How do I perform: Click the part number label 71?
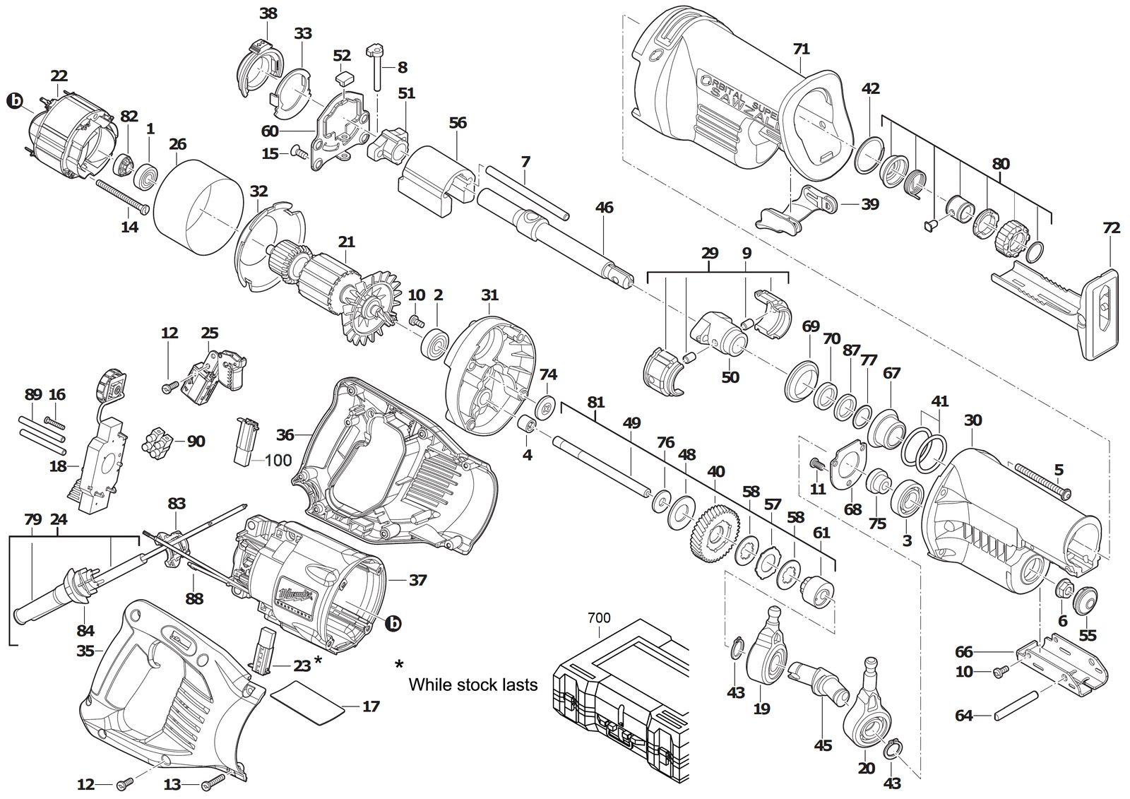tap(801, 49)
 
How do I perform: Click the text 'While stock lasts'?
tap(472, 685)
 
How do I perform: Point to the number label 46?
tap(604, 208)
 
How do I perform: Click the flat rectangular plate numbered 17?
tap(309, 703)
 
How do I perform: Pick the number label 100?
tap(278, 460)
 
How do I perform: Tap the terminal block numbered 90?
tap(158, 443)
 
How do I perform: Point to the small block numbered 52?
tap(345, 78)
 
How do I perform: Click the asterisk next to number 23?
tap(319, 660)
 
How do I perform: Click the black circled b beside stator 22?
tap(17, 101)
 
